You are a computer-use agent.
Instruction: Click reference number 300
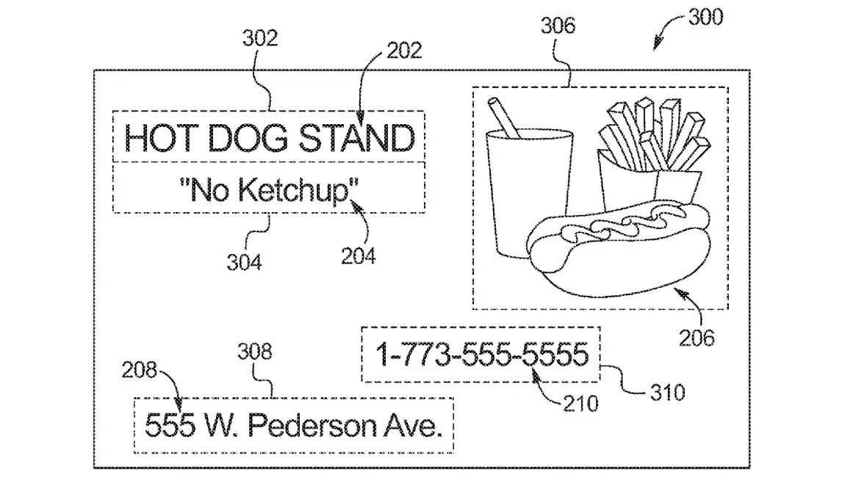pyautogui.click(x=705, y=18)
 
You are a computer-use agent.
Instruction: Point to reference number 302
pyautogui.click(x=260, y=38)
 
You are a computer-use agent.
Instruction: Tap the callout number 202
pyautogui.click(x=405, y=51)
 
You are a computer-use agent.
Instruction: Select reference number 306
pyautogui.click(x=558, y=26)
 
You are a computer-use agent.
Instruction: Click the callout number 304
pyautogui.click(x=245, y=262)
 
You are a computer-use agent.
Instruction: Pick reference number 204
pyautogui.click(x=358, y=256)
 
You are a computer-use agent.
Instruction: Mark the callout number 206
pyautogui.click(x=697, y=339)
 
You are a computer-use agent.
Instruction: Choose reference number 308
pyautogui.click(x=255, y=352)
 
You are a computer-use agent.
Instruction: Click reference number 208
pyautogui.click(x=139, y=370)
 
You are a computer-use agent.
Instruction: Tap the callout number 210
pyautogui.click(x=581, y=404)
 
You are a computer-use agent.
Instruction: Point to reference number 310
pyautogui.click(x=668, y=393)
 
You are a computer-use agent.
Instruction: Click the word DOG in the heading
pyautogui.click(x=248, y=138)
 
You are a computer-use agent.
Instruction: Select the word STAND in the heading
pyautogui.click(x=357, y=138)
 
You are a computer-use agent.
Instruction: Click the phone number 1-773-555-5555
pyautogui.click(x=482, y=355)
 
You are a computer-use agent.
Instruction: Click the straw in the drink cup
pyautogui.click(x=503, y=118)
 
